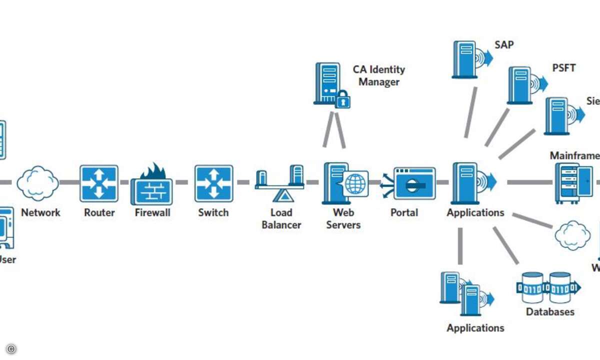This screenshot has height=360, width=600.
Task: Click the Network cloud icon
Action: [37, 183]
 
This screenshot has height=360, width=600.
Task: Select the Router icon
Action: [99, 183]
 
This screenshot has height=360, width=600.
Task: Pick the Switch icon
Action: [213, 183]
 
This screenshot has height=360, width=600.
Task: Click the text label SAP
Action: [504, 44]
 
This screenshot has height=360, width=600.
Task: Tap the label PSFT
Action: [564, 67]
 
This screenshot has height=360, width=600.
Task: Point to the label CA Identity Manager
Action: [378, 75]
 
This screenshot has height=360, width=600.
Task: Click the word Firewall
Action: [152, 212]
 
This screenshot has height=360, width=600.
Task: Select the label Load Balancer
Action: [281, 218]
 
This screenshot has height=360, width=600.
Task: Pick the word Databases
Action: [550, 312]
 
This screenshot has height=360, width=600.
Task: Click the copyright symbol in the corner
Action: [11, 349]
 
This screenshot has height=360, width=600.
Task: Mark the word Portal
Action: [404, 212]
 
